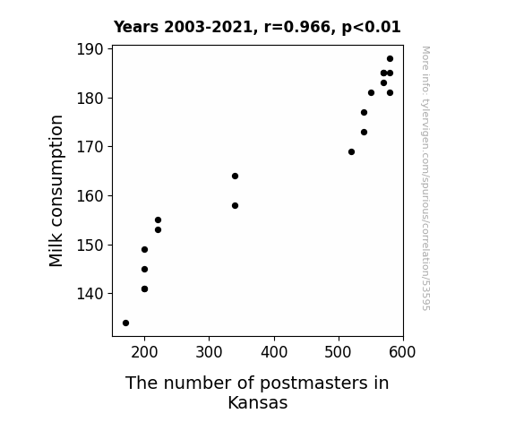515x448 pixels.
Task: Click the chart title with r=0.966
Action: pos(257,27)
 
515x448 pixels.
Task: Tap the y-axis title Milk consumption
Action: pos(56,191)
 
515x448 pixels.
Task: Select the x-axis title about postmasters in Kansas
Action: pos(258,392)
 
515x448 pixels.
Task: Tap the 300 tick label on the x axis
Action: pos(209,352)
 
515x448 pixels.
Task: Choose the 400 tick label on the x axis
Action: pos(274,352)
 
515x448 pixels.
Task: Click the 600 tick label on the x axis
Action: pos(402,352)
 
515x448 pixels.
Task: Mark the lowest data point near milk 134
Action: pos(125,323)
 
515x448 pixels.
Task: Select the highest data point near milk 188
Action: pos(390,59)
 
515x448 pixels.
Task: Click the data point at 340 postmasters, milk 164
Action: pos(235,177)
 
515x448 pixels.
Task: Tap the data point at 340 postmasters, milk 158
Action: pos(235,206)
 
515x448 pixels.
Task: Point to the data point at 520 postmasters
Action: pos(351,151)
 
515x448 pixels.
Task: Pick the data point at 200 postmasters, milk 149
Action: pos(144,249)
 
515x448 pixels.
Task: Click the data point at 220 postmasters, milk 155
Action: pos(158,220)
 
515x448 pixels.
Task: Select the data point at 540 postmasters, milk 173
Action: pos(364,132)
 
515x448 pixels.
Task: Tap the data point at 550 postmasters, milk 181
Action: pos(371,92)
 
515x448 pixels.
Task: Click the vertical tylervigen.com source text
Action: pos(426,178)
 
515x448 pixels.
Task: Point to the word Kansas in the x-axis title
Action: pos(258,402)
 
